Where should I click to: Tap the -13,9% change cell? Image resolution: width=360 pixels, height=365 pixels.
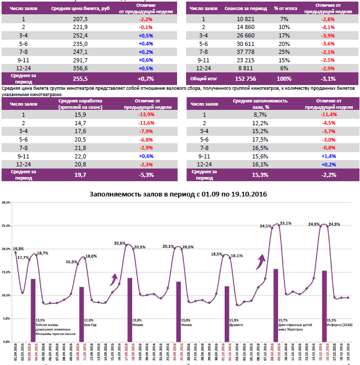click(x=145, y=114)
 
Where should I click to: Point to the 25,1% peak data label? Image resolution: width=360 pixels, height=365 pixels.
click(x=285, y=224)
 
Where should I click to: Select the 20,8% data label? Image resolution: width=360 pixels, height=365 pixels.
click(x=119, y=244)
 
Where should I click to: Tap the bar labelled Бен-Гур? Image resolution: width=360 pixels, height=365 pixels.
click(x=81, y=307)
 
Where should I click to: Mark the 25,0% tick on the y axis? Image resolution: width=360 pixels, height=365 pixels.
click(x=6, y=226)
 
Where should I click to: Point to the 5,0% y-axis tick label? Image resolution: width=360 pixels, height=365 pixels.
click(x=7, y=319)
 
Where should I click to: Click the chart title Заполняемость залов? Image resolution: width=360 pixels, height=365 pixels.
click(x=179, y=194)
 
